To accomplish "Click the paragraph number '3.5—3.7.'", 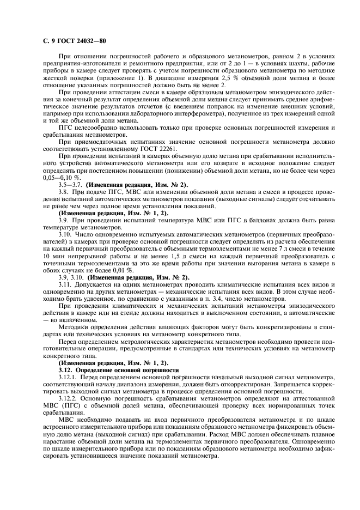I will (71, 185).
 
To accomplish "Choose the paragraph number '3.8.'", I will (65, 193).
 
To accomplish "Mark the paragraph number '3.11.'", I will (67, 284).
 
